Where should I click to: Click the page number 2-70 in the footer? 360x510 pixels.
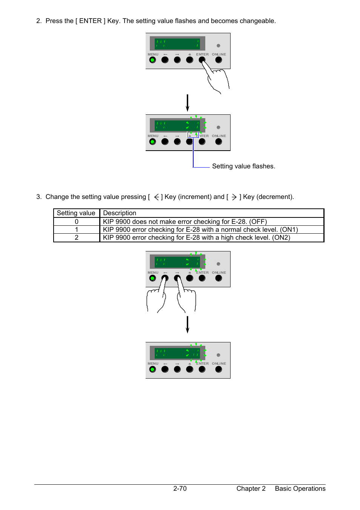tap(180, 488)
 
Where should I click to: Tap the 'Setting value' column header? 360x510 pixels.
tap(76, 213)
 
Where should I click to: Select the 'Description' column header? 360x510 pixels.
tap(120, 213)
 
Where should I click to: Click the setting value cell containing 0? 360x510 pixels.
tap(77, 222)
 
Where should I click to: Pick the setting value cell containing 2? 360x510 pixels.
tap(77, 237)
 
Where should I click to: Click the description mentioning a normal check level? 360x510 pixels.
tap(200, 230)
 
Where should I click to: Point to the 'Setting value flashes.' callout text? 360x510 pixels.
tap(243, 166)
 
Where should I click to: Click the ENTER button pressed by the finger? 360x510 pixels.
tap(202, 60)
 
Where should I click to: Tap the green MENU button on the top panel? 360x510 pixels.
tap(152, 60)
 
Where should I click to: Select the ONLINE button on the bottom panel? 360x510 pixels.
tap(218, 369)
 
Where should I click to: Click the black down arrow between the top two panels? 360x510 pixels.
tap(187, 103)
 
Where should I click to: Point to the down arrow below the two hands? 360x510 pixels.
tap(187, 325)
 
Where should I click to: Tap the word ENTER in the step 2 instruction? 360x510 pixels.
tap(90, 21)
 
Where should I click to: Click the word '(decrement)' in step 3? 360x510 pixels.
tap(274, 197)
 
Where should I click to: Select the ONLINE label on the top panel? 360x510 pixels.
tap(219, 54)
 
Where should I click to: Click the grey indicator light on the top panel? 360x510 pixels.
tap(218, 46)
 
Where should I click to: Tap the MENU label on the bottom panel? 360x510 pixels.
tap(153, 364)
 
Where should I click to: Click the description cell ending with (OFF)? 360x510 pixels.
tap(185, 222)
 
